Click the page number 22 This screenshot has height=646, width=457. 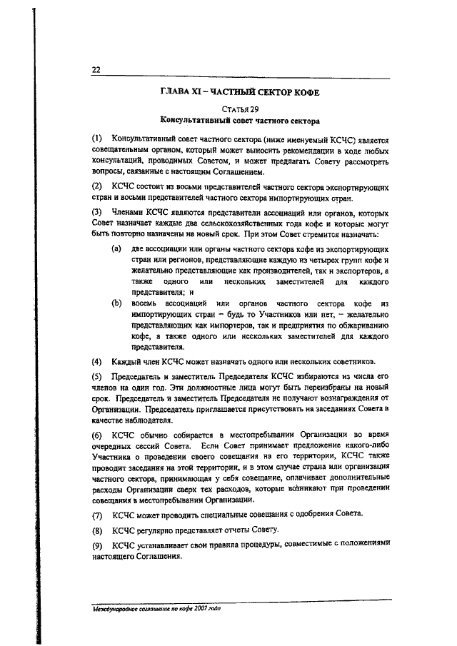[x=96, y=69]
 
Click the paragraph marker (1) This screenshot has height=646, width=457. [x=97, y=138]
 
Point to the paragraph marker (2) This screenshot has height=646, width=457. [x=97, y=186]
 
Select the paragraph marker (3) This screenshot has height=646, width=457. [x=97, y=213]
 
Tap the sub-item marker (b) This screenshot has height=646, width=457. [x=115, y=304]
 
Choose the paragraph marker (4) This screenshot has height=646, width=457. [x=97, y=360]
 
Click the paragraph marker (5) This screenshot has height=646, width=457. [x=97, y=376]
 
